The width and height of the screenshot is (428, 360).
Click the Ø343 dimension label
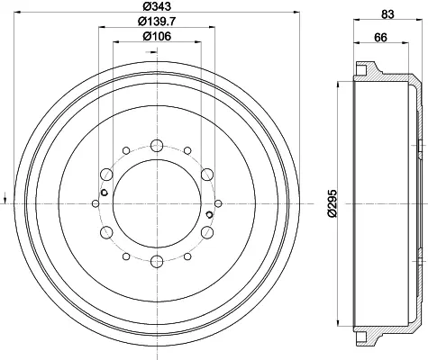click(157, 5)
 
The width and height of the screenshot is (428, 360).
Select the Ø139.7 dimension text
click(157, 21)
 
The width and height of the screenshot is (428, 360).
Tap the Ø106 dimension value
click(157, 36)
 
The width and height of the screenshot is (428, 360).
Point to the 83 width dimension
click(387, 14)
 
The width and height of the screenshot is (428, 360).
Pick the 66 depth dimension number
click(380, 38)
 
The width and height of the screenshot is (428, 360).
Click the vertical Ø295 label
click(332, 203)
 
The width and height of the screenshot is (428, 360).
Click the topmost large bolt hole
click(157, 146)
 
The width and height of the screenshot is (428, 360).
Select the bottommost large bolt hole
click(157, 262)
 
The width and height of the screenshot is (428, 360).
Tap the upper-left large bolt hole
click(106, 175)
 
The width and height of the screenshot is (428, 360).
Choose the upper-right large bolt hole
click(207, 175)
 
